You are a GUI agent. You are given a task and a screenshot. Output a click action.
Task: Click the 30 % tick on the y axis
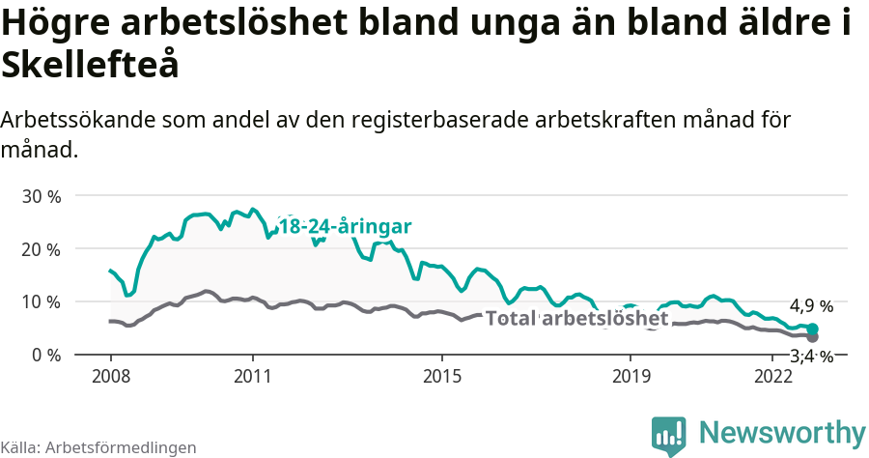point(42,196)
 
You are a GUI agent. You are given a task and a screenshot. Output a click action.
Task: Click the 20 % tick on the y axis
point(42,249)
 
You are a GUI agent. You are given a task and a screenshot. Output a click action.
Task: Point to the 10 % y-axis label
point(42,301)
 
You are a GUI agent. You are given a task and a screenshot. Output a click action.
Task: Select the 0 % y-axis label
point(45,355)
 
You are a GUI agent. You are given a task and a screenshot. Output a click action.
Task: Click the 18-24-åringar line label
point(345,227)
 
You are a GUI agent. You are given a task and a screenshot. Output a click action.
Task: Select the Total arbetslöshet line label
point(576,319)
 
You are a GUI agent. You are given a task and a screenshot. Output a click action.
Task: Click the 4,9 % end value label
point(811,307)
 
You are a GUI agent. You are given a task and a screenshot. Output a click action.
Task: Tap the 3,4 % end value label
point(811,357)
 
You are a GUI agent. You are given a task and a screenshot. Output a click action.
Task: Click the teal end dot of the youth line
point(812,329)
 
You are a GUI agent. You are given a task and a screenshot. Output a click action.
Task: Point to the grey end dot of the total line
point(812,337)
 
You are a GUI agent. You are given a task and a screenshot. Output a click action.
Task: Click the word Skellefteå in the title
point(91,66)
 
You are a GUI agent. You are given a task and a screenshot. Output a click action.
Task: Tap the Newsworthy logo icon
point(669,435)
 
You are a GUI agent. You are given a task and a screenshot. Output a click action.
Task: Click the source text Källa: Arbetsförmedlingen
point(98,447)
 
